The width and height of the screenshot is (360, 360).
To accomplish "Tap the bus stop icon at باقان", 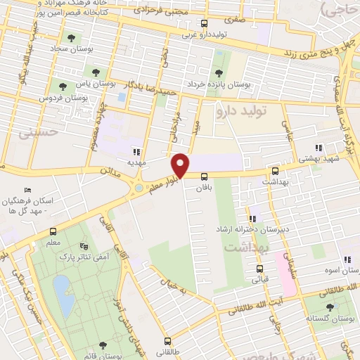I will coord(203,178).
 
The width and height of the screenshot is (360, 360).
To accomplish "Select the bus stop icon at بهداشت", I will coord(275,171).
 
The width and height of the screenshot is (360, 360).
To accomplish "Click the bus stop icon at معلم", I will coord(53,232).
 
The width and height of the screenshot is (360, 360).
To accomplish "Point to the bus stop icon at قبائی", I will coord(260,268).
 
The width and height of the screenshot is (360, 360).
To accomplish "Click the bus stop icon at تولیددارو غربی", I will coord(204,23).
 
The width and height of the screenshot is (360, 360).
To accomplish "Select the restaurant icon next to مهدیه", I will coord(136,151).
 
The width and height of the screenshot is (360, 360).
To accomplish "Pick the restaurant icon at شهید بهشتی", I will coord(318,148).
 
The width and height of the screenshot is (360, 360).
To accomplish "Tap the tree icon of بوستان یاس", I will coord(96,72).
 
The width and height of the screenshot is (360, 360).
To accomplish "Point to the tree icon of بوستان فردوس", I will coord(63,86).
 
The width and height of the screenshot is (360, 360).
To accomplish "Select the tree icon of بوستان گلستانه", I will coord(330,307).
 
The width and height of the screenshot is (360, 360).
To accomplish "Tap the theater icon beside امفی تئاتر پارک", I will coord(85,246).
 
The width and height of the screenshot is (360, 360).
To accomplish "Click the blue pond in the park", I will coord(63,295).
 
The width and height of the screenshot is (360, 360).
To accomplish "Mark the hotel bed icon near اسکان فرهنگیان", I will coord(27,190).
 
